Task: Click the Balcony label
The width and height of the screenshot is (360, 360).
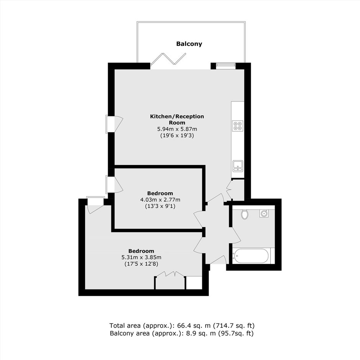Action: [189, 44]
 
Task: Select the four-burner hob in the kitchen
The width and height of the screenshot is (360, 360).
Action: [237, 126]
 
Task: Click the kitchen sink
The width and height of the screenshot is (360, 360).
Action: [237, 166]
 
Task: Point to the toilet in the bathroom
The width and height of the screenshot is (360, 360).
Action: [245, 214]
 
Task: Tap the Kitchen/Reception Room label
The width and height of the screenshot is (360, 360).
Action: [177, 119]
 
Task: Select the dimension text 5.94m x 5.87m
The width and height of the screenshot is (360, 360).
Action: [177, 129]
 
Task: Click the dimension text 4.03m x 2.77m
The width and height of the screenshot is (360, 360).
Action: [160, 200]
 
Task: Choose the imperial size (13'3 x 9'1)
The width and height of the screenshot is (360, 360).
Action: [160, 206]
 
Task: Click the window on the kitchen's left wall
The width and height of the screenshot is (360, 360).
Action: [110, 124]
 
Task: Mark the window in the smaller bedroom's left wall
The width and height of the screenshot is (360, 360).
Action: [110, 184]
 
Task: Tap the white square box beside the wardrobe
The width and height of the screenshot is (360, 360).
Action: [194, 283]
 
